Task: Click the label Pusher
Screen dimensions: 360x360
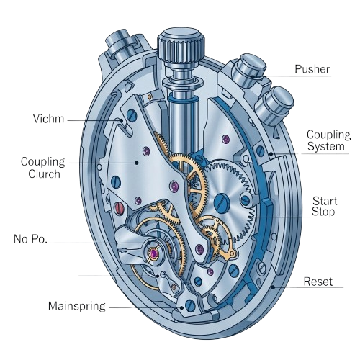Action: click(x=312, y=69)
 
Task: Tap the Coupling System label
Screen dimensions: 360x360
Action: click(x=328, y=140)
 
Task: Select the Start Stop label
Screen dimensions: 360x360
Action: click(x=324, y=207)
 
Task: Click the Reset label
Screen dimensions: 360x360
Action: click(x=318, y=282)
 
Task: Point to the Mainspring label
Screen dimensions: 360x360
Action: click(x=77, y=306)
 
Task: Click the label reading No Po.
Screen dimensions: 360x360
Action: click(x=30, y=239)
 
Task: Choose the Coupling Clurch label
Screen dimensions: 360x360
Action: click(x=43, y=168)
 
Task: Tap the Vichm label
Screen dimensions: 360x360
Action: click(x=48, y=119)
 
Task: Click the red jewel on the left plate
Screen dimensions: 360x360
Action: click(x=119, y=207)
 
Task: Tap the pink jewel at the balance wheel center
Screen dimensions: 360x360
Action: click(x=153, y=253)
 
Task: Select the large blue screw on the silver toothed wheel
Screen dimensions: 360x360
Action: click(x=222, y=203)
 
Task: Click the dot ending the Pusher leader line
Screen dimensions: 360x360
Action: click(x=253, y=77)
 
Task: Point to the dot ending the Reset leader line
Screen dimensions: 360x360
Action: click(x=273, y=287)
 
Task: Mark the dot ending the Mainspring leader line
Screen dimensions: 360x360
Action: click(x=181, y=307)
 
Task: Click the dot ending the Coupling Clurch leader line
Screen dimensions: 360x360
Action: click(x=137, y=163)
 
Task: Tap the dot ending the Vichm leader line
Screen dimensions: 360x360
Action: click(x=122, y=120)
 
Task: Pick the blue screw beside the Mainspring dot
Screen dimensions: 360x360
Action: click(x=191, y=305)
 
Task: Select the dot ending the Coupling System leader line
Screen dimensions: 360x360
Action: click(x=271, y=154)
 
